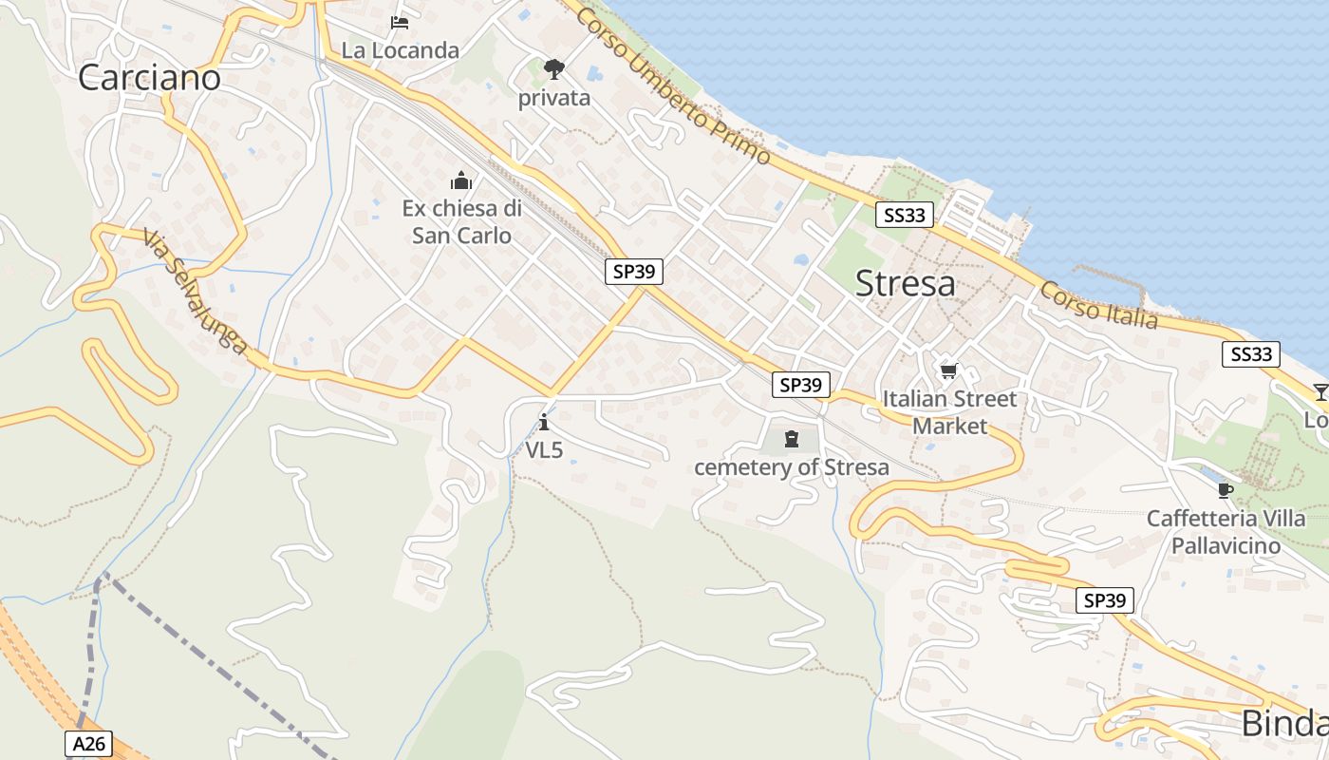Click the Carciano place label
[149, 77]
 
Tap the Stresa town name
[905, 283]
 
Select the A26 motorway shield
[90, 743]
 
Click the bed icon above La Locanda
[400, 22]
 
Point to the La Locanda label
[400, 50]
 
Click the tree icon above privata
[554, 68]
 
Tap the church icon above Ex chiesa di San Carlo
[461, 180]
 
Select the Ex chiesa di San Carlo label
[461, 221]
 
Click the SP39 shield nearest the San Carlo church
[634, 272]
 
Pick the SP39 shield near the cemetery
[800, 385]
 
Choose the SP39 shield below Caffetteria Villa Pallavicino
[1105, 600]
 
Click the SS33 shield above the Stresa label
[904, 216]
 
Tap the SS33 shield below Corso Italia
[1250, 354]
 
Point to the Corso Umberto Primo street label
[672, 85]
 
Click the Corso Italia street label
[1098, 305]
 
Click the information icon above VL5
[544, 422]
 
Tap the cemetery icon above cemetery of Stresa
[792, 439]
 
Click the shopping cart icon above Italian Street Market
[948, 370]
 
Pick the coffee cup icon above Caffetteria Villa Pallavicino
[1226, 490]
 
